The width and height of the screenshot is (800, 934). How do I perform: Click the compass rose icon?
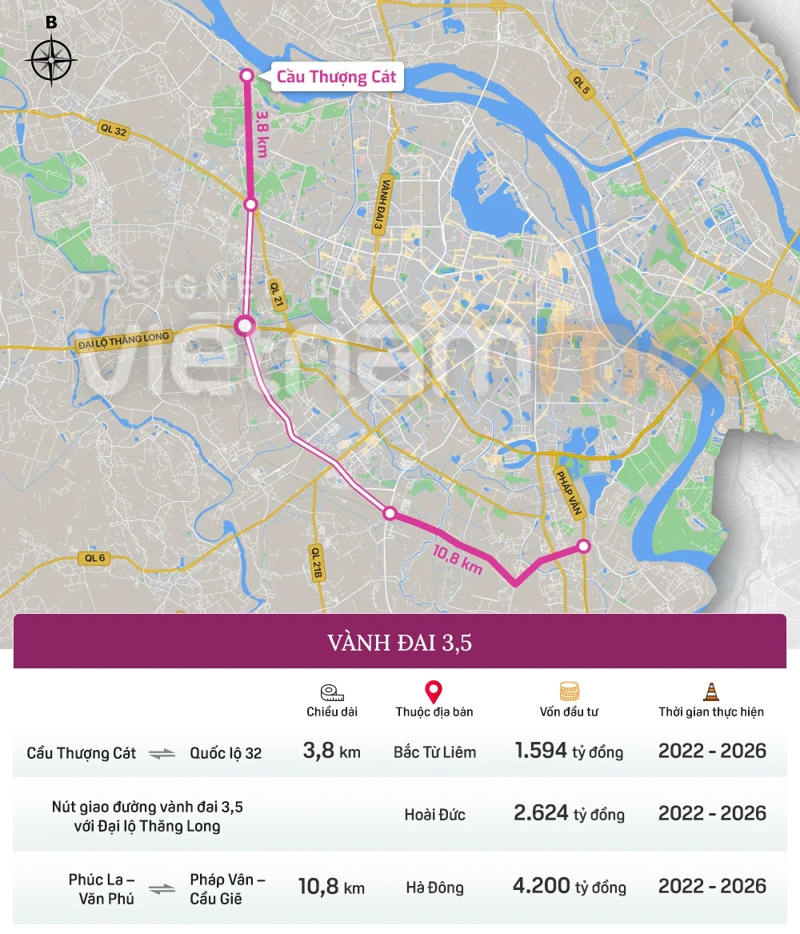[x=50, y=60]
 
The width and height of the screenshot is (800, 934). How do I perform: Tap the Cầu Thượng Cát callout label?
[x=336, y=78]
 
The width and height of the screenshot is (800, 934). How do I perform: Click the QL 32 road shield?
[x=114, y=130]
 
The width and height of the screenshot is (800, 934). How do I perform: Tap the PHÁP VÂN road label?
[x=569, y=489]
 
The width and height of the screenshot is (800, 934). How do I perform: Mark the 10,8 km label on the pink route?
[x=458, y=559]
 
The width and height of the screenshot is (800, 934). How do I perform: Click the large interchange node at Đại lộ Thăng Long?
[x=245, y=326]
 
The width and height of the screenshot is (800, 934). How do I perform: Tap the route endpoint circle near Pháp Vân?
[x=584, y=546]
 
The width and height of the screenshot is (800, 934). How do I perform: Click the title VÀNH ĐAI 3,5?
[x=399, y=642]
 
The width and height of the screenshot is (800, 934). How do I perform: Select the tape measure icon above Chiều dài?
[x=331, y=692]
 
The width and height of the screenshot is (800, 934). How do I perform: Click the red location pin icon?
[x=434, y=692]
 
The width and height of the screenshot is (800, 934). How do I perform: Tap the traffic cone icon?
[x=710, y=691]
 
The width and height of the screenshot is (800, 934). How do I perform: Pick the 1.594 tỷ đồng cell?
[x=569, y=751]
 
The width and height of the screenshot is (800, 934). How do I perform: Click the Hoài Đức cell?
[x=434, y=815]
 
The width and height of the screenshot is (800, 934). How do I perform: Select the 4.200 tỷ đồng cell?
[x=570, y=886]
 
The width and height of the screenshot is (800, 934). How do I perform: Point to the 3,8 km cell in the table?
[x=331, y=751]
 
